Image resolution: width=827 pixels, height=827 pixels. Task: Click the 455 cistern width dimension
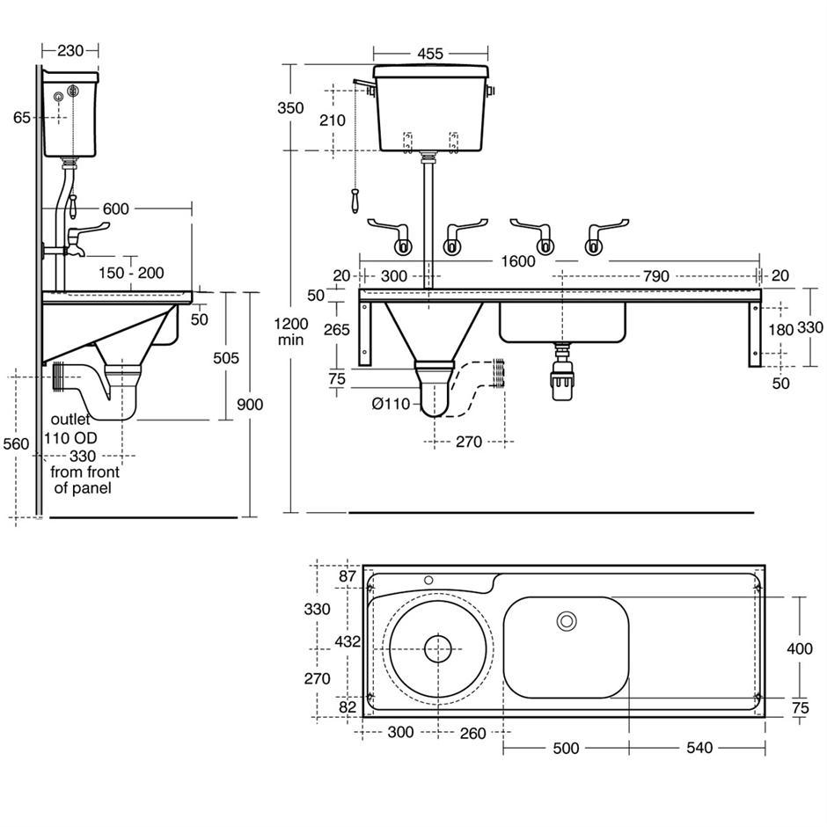click(x=429, y=54)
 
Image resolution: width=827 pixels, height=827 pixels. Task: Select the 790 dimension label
click(x=655, y=276)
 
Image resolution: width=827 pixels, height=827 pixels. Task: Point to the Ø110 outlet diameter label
click(x=391, y=405)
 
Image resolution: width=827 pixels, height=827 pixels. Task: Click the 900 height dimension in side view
click(x=250, y=405)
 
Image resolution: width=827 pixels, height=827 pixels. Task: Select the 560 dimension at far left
click(x=15, y=444)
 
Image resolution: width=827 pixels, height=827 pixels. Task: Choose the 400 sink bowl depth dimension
click(x=799, y=649)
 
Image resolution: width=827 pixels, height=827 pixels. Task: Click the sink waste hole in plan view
click(x=567, y=621)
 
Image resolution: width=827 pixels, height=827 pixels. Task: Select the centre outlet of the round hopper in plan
click(x=437, y=649)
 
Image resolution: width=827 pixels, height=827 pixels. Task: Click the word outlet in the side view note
click(x=70, y=420)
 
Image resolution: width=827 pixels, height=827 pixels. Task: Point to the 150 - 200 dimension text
click(x=133, y=274)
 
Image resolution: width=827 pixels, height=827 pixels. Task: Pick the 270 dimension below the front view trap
click(x=468, y=442)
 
